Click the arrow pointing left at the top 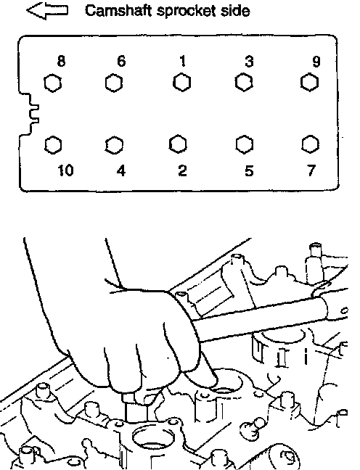coord(47,11)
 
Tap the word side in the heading coord(238,11)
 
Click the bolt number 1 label coord(182,61)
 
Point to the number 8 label coord(61,61)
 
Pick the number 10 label coord(65,170)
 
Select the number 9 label coord(316,62)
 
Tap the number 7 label coord(311,170)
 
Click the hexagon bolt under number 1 coord(181,83)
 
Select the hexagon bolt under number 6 coord(114,83)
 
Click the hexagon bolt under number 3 coord(244,82)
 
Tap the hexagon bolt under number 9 coord(309,82)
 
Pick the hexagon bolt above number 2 coord(178,144)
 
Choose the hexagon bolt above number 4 coord(114,145)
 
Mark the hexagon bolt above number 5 coord(244,144)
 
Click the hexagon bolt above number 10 coord(54,145)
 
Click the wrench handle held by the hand coord(270,319)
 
